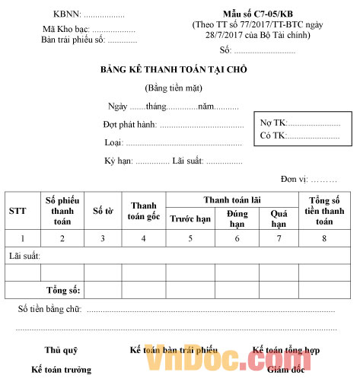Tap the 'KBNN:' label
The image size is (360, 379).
pos(67,14)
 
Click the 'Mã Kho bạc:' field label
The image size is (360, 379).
pos(66,29)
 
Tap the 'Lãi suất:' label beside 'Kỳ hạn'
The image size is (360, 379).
pos(188,161)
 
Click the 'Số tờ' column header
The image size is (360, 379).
pos(102,211)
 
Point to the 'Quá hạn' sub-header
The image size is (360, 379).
pos(279,218)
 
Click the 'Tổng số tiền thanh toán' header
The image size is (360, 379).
pos(325,211)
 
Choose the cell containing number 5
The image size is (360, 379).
pos(190,238)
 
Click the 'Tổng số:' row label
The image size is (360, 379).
pos(63,290)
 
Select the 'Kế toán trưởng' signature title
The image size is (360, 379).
pos(61,369)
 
